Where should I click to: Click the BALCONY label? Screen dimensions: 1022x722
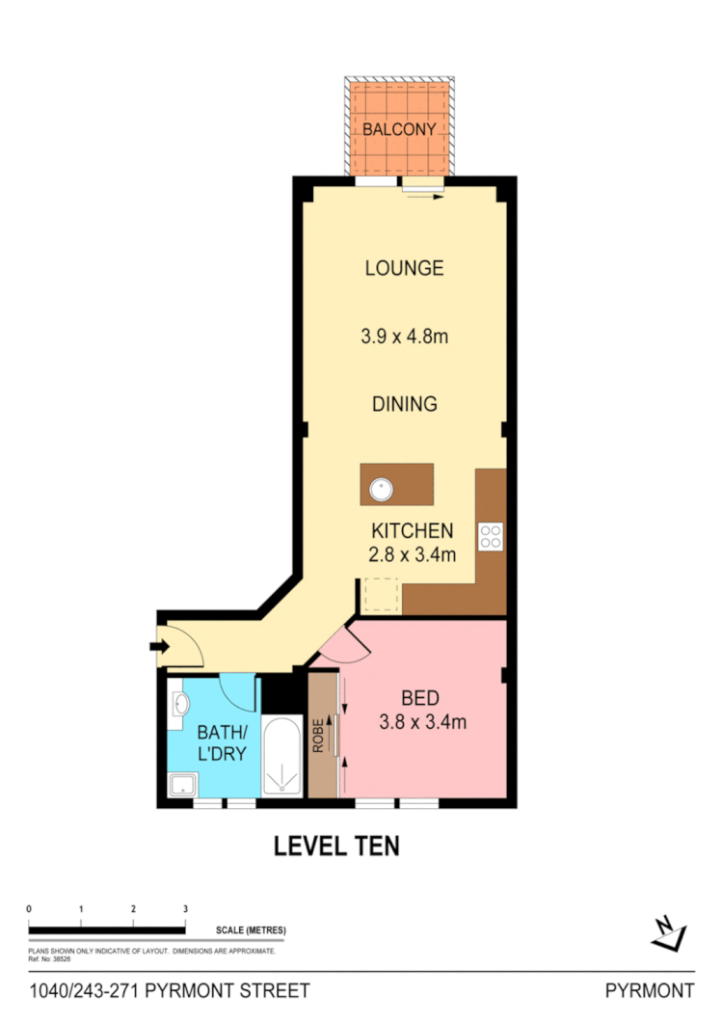tap(399, 129)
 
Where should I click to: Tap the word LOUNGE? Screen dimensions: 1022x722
tap(404, 268)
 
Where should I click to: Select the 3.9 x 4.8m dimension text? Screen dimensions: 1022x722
tap(404, 337)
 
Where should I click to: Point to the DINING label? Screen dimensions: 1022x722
tap(404, 404)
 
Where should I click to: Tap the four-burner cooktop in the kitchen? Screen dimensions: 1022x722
tap(491, 535)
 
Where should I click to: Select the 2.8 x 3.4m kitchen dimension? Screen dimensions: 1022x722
tap(412, 554)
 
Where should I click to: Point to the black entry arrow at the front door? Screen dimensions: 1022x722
tap(158, 646)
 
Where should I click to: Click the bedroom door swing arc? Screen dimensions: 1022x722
tap(339, 644)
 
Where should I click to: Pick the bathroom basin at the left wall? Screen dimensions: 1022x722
tap(179, 706)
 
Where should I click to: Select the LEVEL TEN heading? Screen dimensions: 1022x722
tap(336, 847)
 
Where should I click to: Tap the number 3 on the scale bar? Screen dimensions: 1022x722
tap(185, 908)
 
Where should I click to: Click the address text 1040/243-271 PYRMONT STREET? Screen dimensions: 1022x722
tap(170, 991)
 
